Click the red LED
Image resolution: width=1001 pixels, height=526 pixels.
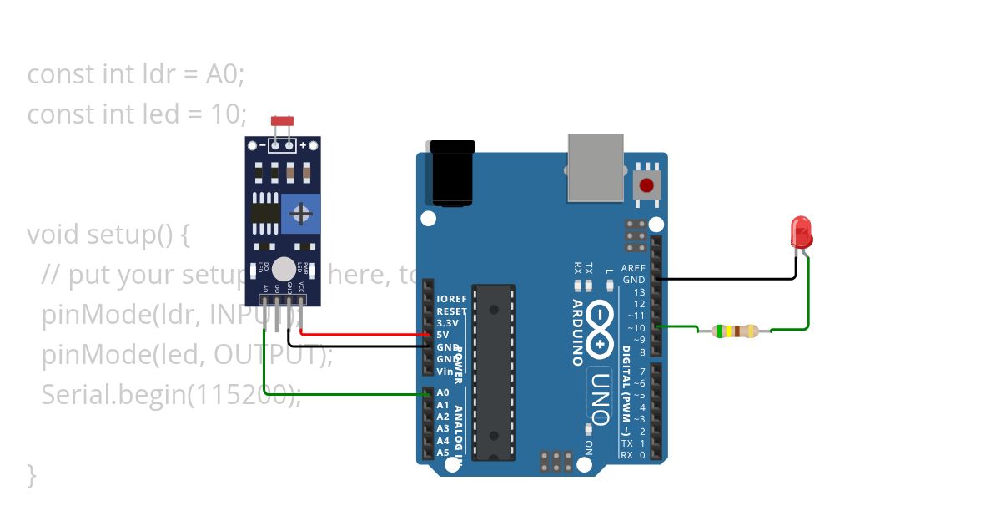click(x=801, y=231)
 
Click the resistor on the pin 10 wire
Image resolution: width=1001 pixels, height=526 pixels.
click(x=735, y=331)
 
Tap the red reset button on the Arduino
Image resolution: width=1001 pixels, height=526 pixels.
click(x=646, y=185)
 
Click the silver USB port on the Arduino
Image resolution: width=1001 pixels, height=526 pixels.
click(x=596, y=167)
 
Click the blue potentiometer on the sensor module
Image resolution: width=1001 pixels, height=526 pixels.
click(x=300, y=214)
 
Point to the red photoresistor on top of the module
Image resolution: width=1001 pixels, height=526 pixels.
click(x=283, y=123)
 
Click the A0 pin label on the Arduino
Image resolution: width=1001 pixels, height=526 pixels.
click(x=443, y=392)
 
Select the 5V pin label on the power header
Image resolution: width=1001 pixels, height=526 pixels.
click(x=443, y=335)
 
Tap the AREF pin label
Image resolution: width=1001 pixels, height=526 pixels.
click(x=634, y=268)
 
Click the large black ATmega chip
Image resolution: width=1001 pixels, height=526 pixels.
click(x=494, y=372)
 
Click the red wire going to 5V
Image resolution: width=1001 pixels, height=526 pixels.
click(x=367, y=335)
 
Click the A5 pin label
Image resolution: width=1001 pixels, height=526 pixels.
click(x=443, y=453)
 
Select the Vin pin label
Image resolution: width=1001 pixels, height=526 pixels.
click(x=444, y=371)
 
